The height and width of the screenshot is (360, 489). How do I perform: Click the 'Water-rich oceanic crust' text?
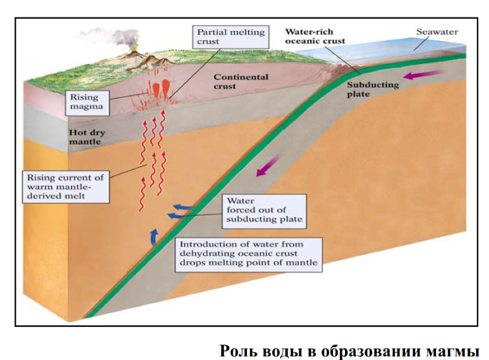315,36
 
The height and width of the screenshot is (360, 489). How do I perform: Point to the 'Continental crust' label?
241,81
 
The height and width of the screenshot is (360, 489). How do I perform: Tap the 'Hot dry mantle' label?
85,137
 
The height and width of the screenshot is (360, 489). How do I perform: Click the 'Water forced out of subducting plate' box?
264,210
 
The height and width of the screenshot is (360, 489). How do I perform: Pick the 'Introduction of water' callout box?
248,254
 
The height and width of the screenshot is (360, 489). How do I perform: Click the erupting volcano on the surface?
137,57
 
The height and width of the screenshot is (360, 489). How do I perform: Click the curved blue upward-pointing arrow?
153,236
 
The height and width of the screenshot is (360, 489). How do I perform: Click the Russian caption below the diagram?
349,351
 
